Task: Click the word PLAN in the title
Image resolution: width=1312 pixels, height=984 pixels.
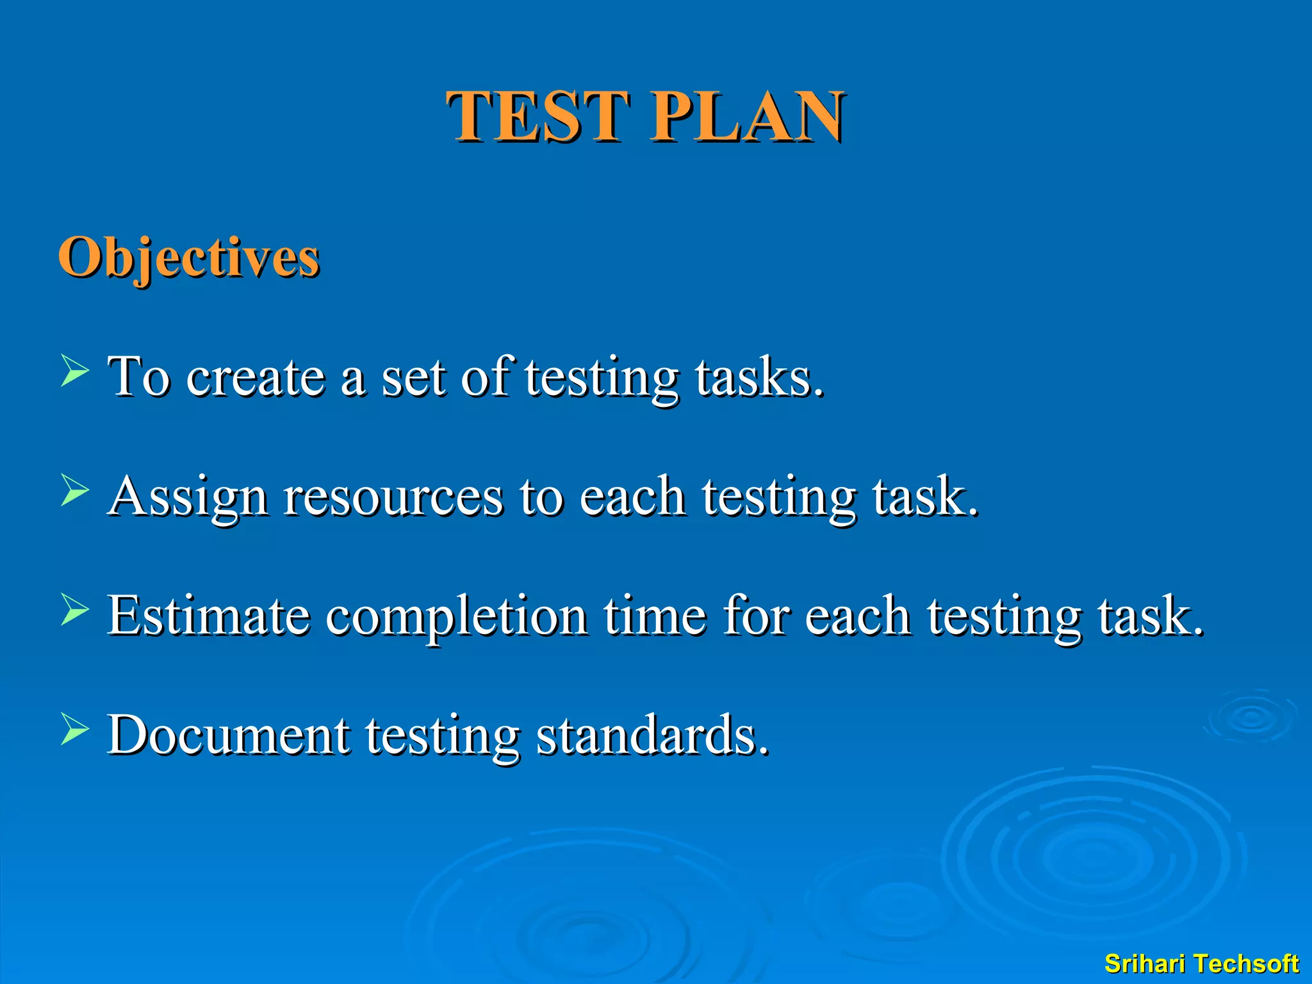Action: point(747,116)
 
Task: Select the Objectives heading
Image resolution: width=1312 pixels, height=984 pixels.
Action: point(188,258)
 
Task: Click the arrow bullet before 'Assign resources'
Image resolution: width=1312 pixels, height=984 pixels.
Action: point(75,491)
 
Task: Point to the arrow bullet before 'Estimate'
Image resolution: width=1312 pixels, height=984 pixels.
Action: point(75,610)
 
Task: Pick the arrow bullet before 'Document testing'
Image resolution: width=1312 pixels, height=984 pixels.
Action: point(75,730)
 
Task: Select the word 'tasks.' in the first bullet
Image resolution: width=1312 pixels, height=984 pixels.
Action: point(759,377)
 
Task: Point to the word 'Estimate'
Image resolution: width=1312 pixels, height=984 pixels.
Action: point(209,616)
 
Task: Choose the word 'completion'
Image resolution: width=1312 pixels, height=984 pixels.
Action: point(456,616)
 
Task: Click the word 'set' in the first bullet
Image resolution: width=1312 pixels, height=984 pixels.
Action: point(413,377)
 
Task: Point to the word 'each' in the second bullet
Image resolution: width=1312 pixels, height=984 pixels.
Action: point(632,497)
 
